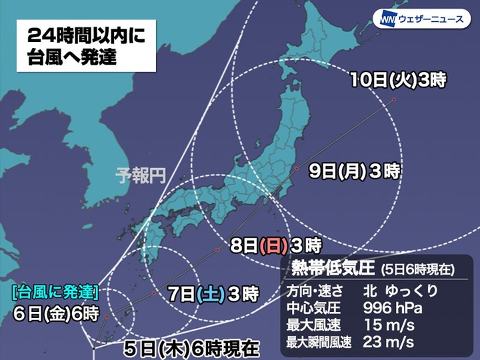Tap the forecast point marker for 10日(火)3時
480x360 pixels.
pyautogui.click(x=394, y=100)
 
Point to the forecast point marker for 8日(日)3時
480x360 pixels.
pyautogui.click(x=217, y=250)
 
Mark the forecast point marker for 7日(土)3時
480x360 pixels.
pyautogui.click(x=153, y=293)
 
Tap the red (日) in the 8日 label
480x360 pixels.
pyautogui.click(x=274, y=243)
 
